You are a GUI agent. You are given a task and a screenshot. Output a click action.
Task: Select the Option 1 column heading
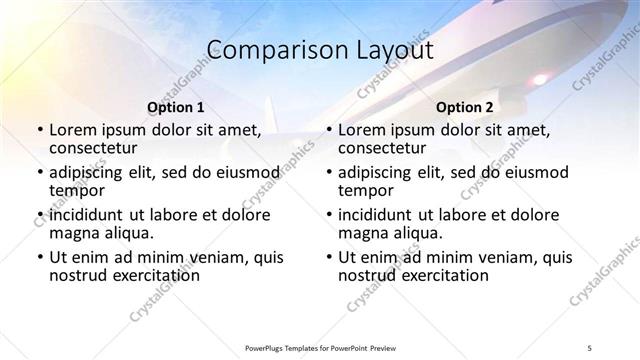176,106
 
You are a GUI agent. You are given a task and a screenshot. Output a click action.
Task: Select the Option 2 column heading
465,106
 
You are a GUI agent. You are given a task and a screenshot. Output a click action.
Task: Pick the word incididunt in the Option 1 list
88,215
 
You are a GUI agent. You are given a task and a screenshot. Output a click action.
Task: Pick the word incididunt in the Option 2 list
377,215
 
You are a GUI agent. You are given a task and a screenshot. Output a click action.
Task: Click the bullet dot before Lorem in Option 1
39,130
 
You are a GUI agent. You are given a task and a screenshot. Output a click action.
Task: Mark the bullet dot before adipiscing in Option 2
328,172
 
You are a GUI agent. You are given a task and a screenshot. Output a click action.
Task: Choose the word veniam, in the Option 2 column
500,257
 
